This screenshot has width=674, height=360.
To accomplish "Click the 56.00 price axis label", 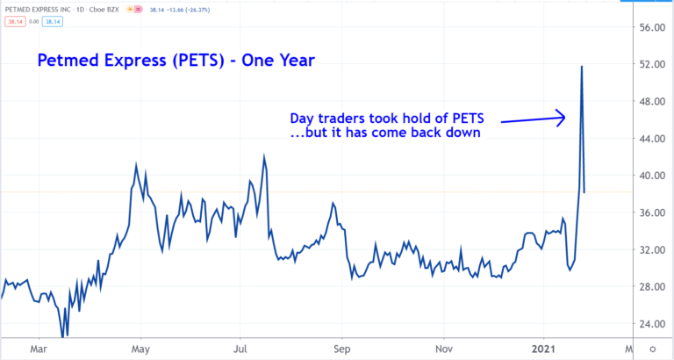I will (x=652, y=27).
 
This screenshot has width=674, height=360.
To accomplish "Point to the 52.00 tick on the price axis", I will (x=652, y=64).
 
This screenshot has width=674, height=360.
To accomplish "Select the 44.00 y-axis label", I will (x=652, y=139).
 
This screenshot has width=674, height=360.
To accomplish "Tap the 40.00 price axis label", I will (x=652, y=176).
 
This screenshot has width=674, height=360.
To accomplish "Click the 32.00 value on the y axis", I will (x=652, y=249).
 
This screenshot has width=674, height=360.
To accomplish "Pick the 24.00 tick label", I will (x=652, y=324).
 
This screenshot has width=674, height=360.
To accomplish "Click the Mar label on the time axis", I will (x=39, y=349).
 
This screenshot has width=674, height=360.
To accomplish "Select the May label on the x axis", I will (x=140, y=349).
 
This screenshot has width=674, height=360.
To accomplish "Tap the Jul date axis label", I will (x=240, y=349).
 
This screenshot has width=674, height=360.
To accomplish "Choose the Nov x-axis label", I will (x=444, y=349).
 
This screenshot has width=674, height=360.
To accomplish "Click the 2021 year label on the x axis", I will (x=544, y=349).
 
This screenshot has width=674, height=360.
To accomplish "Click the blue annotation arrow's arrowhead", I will (x=562, y=116).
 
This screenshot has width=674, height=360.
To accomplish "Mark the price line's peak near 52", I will (x=581, y=67).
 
